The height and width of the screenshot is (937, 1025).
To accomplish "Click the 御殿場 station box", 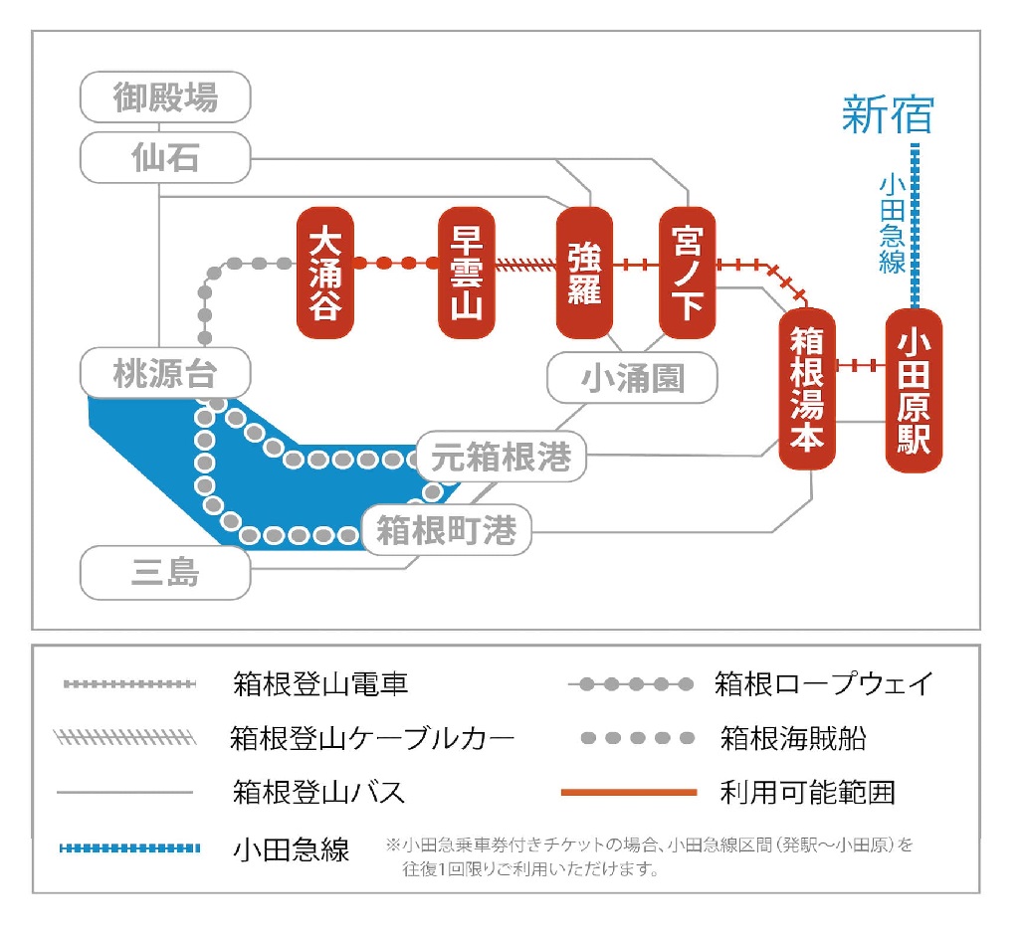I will (x=165, y=97).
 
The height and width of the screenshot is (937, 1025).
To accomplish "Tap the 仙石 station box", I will (x=165, y=157).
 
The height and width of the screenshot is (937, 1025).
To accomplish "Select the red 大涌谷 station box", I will (x=325, y=272).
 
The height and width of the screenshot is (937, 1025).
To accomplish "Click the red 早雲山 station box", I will (x=467, y=272).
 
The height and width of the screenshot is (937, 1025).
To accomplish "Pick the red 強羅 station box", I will (x=584, y=272).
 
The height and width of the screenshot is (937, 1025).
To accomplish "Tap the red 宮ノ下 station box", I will (x=688, y=272).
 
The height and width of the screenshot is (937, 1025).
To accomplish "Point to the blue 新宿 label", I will (x=888, y=114).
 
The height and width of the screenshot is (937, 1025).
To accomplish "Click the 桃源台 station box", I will (x=165, y=374).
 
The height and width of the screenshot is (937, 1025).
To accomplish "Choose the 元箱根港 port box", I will (x=502, y=457).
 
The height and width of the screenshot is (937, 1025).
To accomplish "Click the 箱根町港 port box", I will (x=447, y=530).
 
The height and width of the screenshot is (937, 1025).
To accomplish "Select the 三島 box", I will (x=165, y=573).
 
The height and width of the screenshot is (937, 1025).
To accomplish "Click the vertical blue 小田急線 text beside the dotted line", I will (x=892, y=224).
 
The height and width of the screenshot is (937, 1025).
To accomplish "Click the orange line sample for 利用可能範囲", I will (x=629, y=793).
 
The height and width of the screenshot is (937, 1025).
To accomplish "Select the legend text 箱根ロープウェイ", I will (x=824, y=684).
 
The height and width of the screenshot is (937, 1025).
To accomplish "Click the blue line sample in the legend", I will (x=130, y=848).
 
